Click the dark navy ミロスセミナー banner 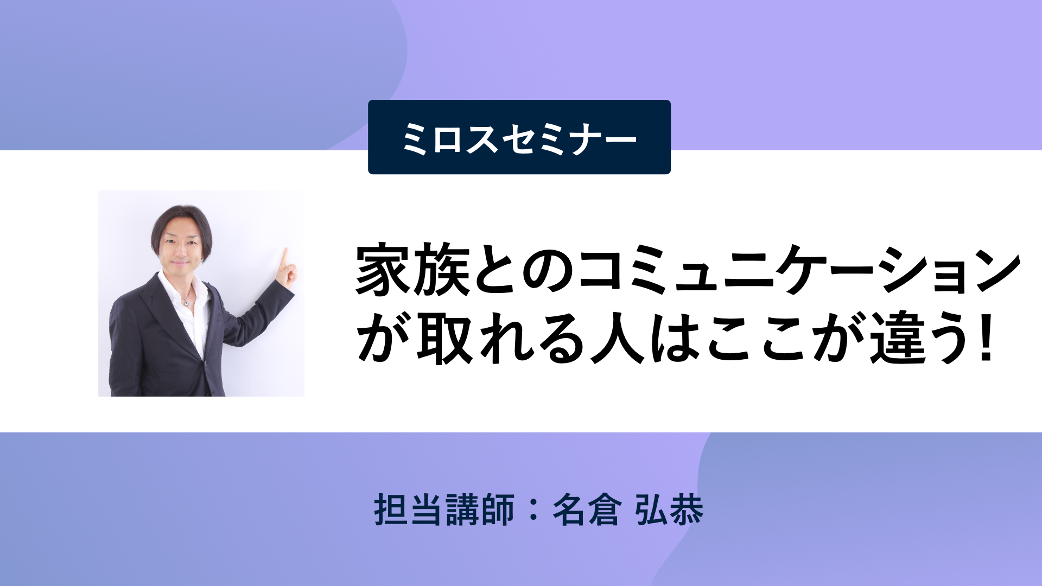(519, 137)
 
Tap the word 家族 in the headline (413, 270)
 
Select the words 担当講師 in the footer (444, 510)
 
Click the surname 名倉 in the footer (587, 510)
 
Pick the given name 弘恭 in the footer (669, 510)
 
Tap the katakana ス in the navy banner (481, 138)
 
